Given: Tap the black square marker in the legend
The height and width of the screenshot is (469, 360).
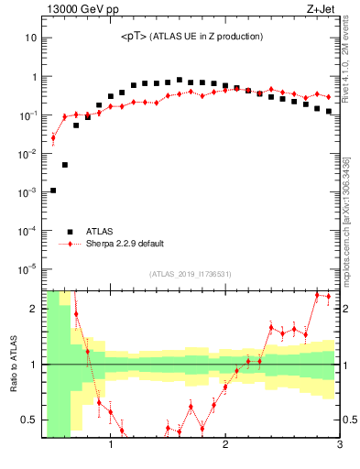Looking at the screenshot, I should (69, 232).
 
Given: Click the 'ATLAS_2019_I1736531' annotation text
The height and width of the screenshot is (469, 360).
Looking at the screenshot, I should (191, 274).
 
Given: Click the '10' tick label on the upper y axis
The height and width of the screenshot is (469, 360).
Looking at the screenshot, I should (30, 38).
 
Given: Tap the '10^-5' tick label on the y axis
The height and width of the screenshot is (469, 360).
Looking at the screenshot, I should (27, 269).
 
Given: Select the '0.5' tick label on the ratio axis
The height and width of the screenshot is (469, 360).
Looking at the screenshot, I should (27, 420).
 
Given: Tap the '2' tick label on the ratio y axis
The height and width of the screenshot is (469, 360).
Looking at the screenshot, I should (33, 309).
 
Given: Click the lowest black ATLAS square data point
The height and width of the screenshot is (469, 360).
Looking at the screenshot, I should (53, 191).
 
